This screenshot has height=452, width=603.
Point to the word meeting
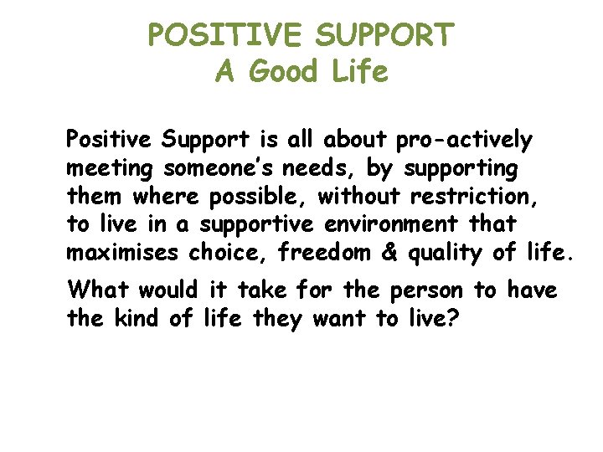(110, 168)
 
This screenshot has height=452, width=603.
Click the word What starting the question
(98, 290)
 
